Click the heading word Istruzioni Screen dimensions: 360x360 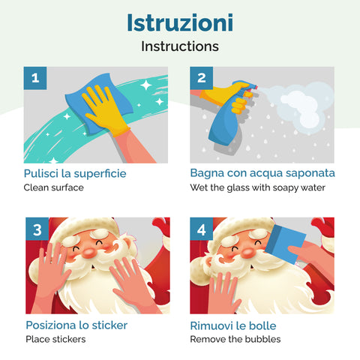[179, 22]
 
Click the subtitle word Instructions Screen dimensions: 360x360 [179, 46]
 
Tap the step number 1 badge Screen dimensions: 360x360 [35, 78]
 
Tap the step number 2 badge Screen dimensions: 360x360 [201, 78]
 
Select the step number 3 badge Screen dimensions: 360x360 [35, 229]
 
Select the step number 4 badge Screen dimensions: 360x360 [201, 229]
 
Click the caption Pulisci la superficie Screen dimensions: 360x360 [75, 173]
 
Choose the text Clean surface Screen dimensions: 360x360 [53, 187]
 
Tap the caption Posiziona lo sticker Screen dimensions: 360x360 [76, 325]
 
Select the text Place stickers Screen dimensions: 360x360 [55, 339]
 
